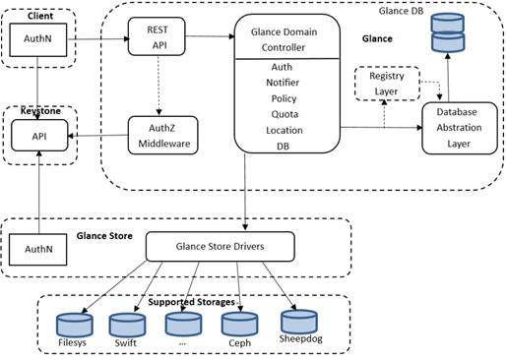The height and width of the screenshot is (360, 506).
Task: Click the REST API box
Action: coord(158,37)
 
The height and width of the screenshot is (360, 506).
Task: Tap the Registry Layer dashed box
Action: coord(386,85)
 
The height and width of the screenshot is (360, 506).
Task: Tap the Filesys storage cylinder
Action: coord(73,324)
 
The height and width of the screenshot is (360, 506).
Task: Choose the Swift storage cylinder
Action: coord(126,326)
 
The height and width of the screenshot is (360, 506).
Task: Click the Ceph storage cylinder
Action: coord(238,326)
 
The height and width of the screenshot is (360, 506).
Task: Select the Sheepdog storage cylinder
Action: coord(298,323)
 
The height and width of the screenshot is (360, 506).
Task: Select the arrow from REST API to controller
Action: coord(210,37)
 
